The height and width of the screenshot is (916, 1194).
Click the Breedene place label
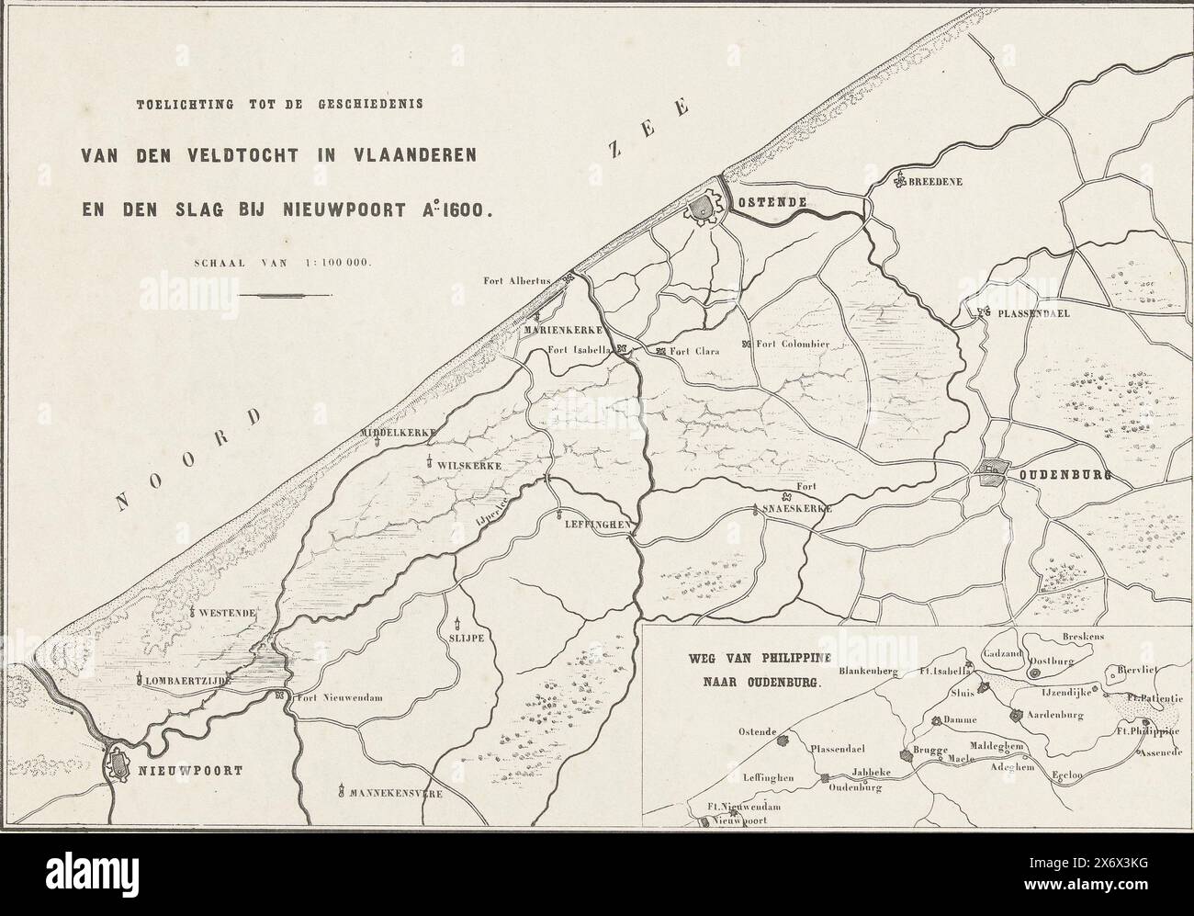[x=934, y=182]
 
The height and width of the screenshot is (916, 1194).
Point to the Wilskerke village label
[x=469, y=467]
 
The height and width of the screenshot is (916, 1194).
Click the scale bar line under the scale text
[x=289, y=296]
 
